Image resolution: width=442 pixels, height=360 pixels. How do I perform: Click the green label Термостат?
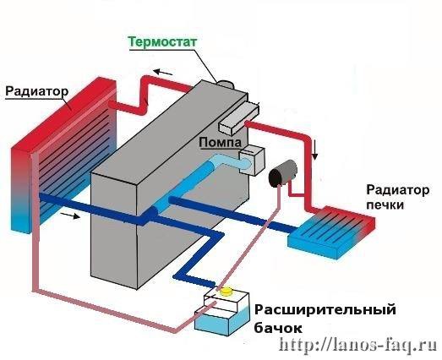(162, 42)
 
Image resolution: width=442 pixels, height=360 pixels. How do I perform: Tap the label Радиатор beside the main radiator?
(37, 91)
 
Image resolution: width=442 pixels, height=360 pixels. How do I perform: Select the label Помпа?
(220, 142)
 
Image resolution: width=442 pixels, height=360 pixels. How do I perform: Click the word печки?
(385, 205)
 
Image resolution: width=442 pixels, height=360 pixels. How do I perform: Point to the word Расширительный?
(325, 310)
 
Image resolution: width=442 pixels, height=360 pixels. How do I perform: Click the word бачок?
(278, 328)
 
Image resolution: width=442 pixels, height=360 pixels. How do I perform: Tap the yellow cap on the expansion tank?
(226, 291)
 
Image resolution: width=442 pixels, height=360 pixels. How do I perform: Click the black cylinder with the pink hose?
(283, 173)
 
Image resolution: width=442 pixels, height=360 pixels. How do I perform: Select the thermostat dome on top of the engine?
(226, 84)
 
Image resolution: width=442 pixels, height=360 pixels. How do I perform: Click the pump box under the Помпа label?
(252, 161)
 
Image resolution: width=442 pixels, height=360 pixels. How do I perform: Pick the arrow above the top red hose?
(162, 72)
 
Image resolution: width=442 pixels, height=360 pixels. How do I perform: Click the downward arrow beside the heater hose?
(315, 150)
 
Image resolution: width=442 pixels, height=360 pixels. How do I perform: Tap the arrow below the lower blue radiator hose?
(70, 215)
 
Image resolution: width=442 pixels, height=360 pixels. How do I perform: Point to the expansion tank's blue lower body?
(223, 320)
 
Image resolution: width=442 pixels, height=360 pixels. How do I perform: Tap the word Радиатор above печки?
(398, 190)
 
